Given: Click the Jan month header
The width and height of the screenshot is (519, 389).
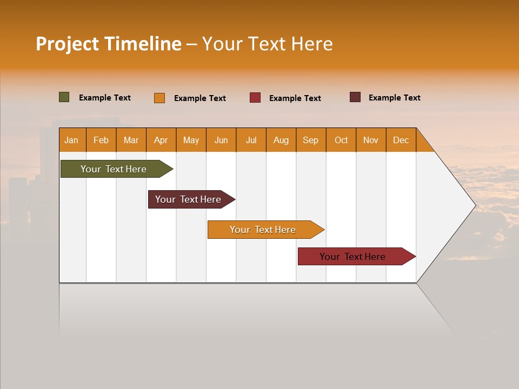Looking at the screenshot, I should click(71, 140).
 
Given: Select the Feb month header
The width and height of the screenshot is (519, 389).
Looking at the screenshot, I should click(101, 140).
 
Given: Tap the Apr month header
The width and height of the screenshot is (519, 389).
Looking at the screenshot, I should click(161, 140).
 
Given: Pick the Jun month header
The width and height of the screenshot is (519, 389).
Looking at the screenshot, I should click(221, 140).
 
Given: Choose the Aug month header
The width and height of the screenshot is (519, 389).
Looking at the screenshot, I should click(281, 140).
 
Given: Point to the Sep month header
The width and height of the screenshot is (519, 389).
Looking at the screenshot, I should click(310, 140).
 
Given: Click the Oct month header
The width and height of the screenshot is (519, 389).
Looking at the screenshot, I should click(341, 140).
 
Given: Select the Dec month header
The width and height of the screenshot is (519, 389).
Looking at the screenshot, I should click(401, 140).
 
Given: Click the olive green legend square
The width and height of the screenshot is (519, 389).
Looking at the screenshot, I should click(64, 97).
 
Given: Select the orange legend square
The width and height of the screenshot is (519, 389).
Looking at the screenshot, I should click(159, 98).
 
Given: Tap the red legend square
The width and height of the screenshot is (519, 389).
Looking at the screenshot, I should click(255, 98).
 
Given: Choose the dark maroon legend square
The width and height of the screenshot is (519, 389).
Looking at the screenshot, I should click(355, 97).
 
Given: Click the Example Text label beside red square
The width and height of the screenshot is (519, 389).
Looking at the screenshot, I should click(295, 98).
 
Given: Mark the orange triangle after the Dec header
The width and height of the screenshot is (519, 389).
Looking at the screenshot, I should click(423, 144).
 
